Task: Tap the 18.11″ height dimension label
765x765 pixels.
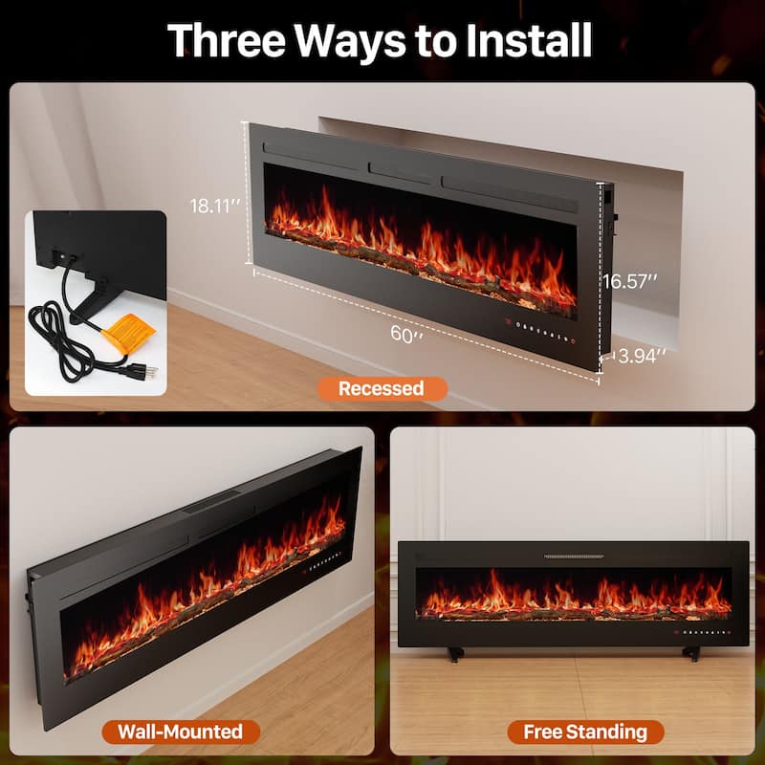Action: click(x=213, y=205)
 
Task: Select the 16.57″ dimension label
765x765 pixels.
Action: click(x=630, y=281)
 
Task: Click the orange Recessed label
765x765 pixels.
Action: click(x=380, y=388)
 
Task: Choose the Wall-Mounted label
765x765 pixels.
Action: click(x=180, y=732)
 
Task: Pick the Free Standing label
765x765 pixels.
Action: click(x=584, y=732)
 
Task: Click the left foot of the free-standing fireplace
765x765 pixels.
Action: click(x=452, y=655)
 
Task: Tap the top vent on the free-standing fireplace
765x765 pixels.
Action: click(x=573, y=556)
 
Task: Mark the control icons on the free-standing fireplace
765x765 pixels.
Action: click(x=703, y=632)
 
